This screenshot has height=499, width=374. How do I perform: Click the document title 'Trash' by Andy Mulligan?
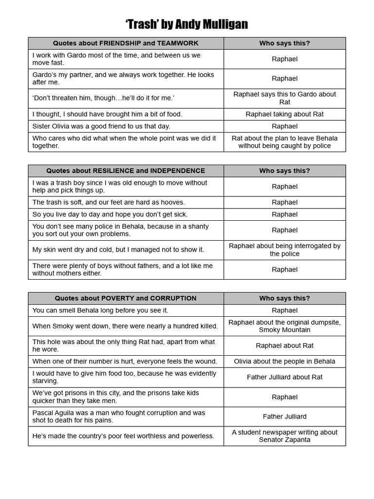click(187, 24)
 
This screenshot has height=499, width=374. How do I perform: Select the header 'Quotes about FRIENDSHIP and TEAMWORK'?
click(126, 43)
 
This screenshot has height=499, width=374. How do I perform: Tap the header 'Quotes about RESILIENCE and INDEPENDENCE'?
click(126, 171)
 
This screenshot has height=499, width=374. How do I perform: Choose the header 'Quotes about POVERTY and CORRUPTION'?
click(126, 298)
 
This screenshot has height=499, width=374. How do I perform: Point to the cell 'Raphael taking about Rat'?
click(284, 114)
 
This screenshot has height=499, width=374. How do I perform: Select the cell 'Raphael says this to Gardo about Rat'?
click(284, 98)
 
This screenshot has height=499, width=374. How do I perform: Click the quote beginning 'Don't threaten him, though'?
click(103, 98)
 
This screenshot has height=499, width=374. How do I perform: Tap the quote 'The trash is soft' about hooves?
click(109, 202)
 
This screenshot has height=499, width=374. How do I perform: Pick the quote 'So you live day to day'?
click(110, 214)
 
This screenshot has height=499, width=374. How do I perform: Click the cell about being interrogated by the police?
click(284, 249)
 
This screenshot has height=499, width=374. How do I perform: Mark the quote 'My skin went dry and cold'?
click(118, 249)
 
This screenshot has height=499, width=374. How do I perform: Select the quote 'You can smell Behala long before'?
click(100, 310)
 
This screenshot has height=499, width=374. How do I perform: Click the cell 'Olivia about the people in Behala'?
click(284, 361)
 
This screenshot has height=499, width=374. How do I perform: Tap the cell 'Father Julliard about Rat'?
click(284, 377)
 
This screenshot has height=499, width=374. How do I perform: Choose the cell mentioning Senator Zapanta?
click(284, 436)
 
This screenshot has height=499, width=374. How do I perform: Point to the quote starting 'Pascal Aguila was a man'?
click(119, 416)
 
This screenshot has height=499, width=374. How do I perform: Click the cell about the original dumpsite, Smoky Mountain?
click(284, 326)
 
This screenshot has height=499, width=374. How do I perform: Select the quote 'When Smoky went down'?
click(125, 326)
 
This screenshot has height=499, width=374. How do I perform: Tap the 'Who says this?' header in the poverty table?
click(284, 298)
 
